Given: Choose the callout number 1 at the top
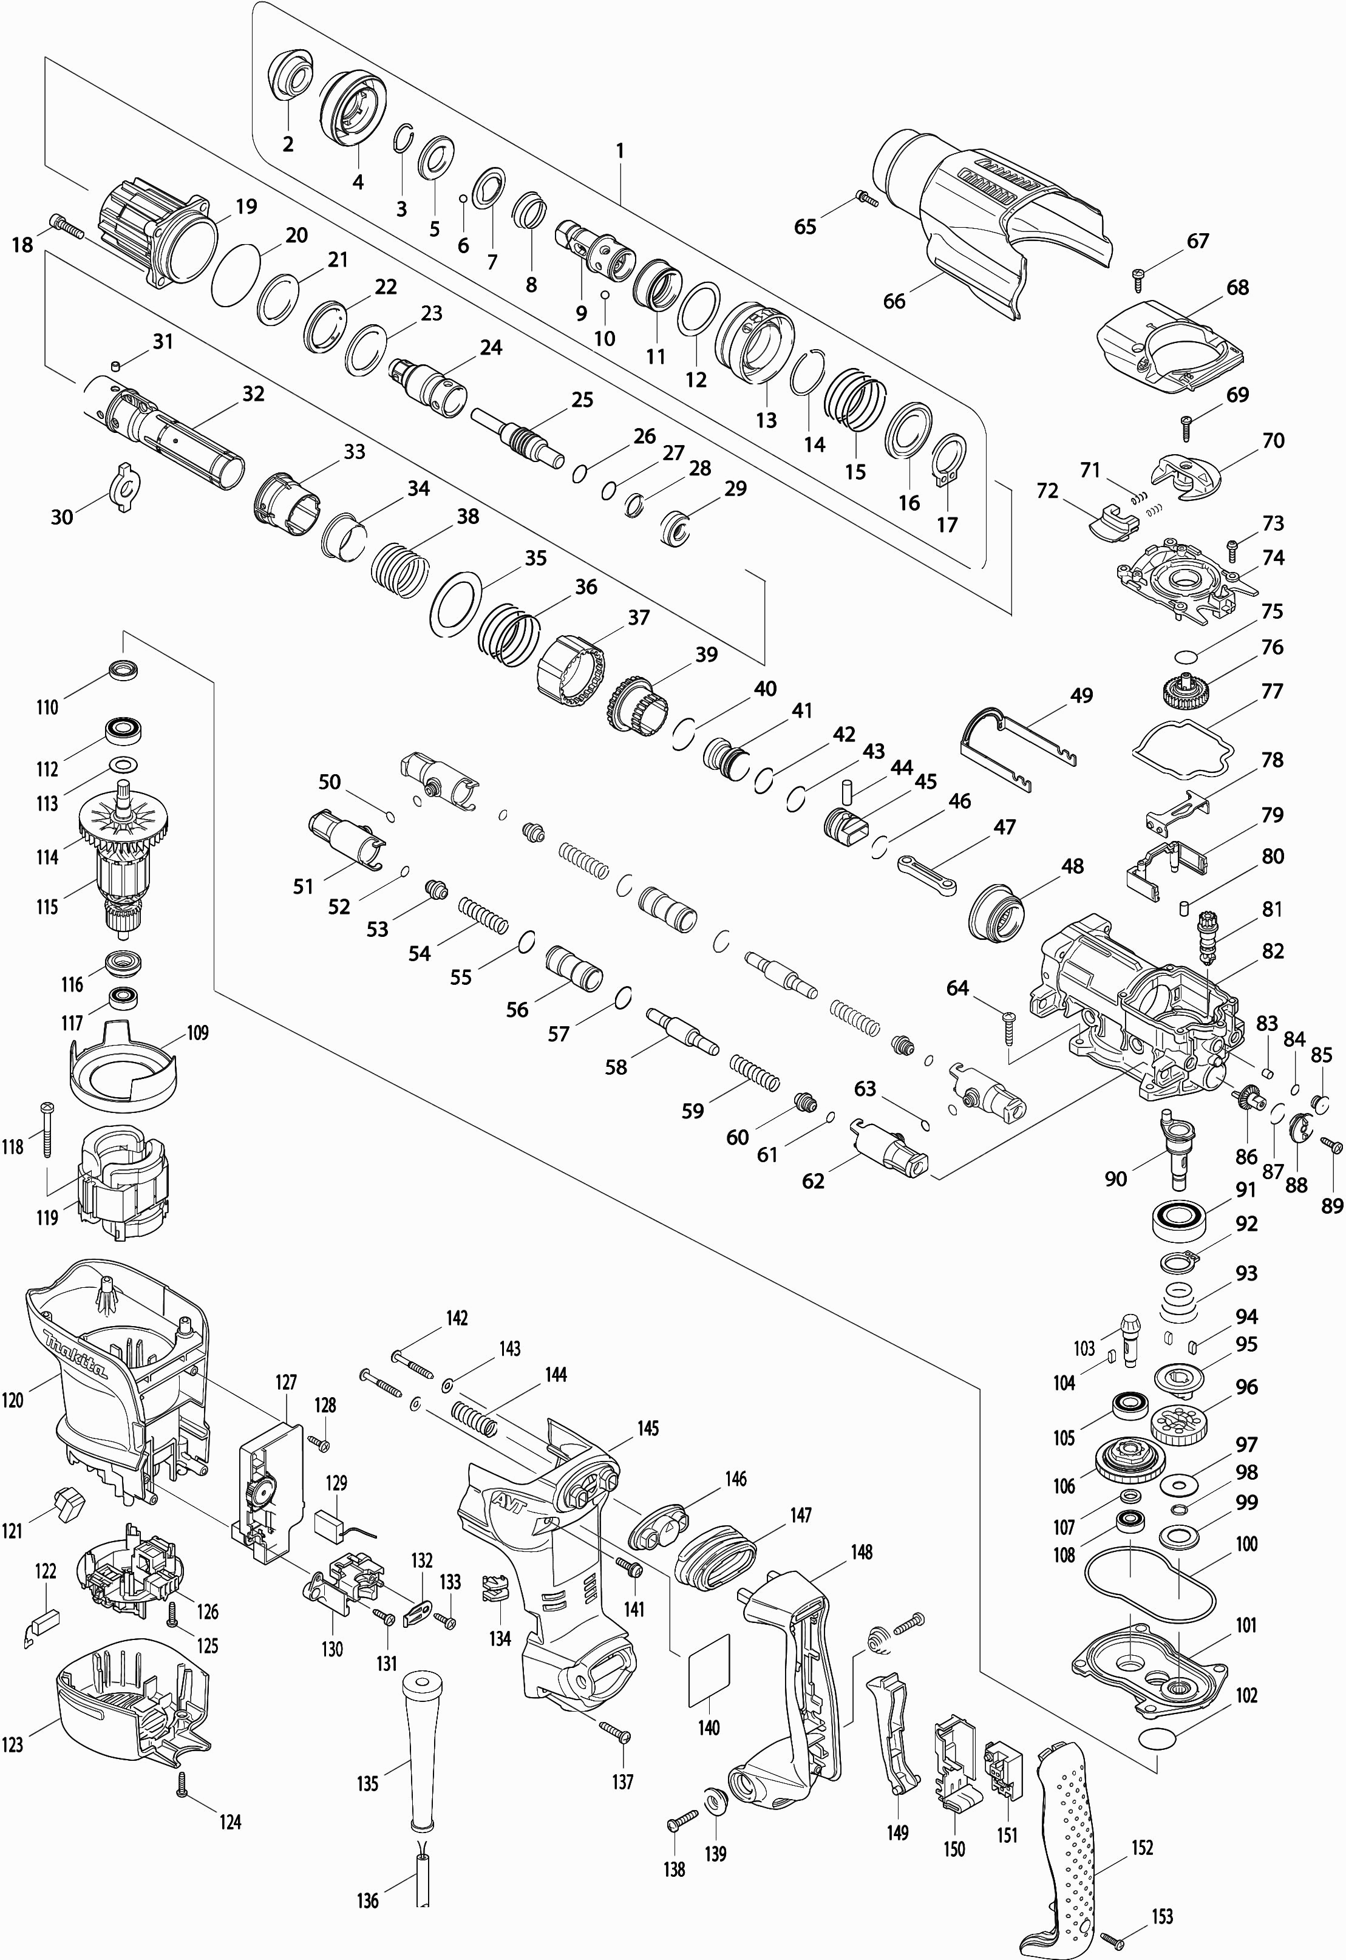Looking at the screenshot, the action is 620,151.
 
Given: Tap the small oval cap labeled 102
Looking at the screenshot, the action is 1157,1739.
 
